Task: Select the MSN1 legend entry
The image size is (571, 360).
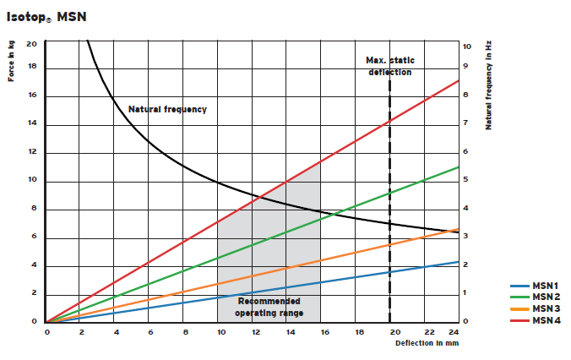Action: [x=543, y=286]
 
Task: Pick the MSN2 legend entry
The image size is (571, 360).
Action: [x=543, y=297]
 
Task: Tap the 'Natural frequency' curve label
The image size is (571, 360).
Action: [x=167, y=110]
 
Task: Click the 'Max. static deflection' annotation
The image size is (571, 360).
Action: [x=389, y=66]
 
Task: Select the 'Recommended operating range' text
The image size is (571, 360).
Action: [x=269, y=307]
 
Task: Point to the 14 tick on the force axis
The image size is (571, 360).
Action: [x=31, y=124]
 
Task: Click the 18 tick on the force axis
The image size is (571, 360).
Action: [x=31, y=68]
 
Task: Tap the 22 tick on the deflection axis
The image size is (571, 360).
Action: [x=429, y=332]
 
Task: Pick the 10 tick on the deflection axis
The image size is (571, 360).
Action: [x=220, y=332]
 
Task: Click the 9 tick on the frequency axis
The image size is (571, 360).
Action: [x=465, y=68]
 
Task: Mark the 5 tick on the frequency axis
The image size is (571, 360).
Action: [x=465, y=181]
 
